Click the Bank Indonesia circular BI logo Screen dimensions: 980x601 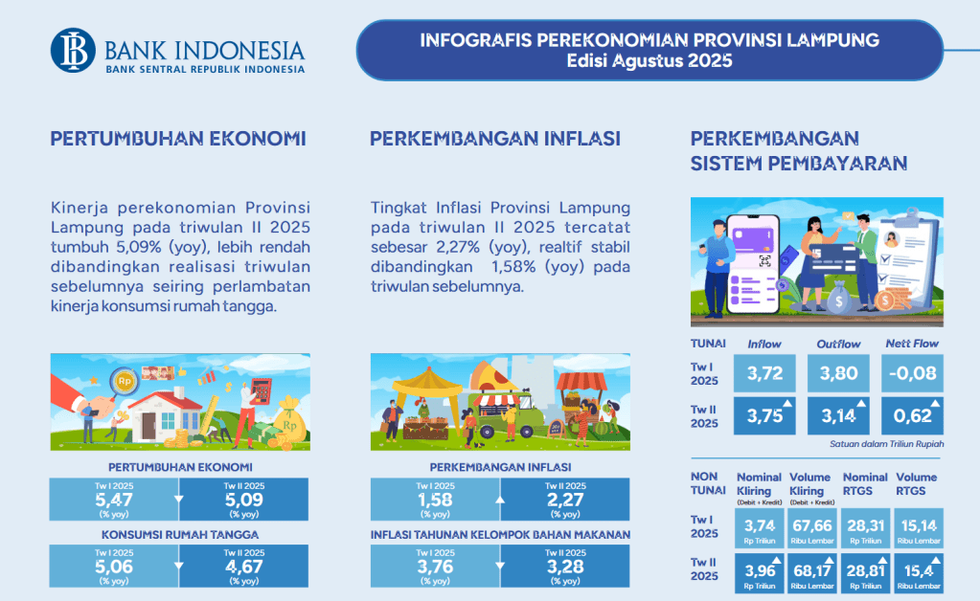pos(73,51)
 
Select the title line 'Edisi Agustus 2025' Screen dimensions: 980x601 pos(650,60)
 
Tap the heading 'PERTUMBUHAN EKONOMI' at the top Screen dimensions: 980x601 pos(178,139)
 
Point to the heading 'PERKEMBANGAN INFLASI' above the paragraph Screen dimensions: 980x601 pos(495,139)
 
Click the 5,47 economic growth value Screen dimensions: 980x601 pos(114,500)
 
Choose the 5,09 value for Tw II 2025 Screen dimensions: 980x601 pos(243,500)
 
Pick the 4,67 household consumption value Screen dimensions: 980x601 pos(243,566)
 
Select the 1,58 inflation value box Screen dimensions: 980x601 pos(435,500)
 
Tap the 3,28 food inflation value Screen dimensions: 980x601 pos(565,566)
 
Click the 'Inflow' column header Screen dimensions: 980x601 pos(764,344)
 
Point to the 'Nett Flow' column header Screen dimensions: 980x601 pos(912,344)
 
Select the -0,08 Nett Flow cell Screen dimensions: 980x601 pos(913,373)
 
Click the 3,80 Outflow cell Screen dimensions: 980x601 pos(838,373)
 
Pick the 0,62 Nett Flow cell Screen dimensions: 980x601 pos(913,415)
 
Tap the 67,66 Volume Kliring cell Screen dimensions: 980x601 pos(811,528)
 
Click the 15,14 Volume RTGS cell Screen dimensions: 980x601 pos(919,528)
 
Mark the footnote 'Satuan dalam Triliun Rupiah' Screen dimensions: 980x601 pos(887,444)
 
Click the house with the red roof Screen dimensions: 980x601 pos(165,415)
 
